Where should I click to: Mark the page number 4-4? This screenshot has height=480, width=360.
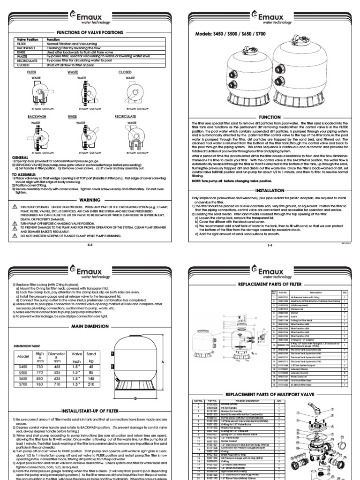90,232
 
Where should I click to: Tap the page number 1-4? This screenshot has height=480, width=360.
270,232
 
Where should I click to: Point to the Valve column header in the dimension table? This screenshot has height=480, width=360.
76,328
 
